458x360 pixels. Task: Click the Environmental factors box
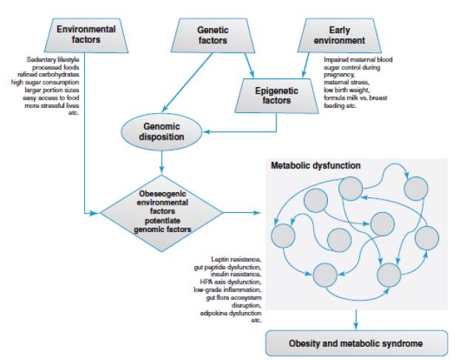click(x=86, y=34)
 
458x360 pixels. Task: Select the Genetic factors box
click(x=212, y=35)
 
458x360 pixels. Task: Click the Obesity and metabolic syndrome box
click(x=356, y=342)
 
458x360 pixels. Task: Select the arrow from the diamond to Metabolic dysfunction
click(x=243, y=212)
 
